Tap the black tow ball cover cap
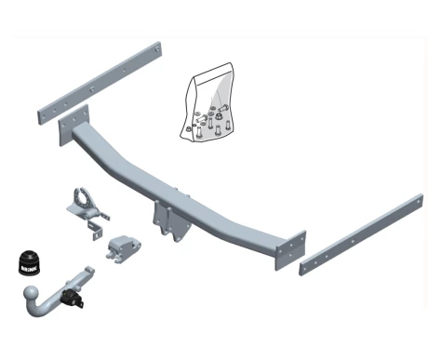pos(30,262)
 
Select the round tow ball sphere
pos(31,293)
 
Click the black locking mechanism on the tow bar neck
pos(74,298)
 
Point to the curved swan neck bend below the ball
pos(40,310)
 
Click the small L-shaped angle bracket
pos(96,230)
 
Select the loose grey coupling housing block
pos(123,248)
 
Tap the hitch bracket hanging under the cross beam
pos(170,220)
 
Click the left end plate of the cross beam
pos(74,125)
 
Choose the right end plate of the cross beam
pos(290,250)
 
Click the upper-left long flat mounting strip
pos(100,83)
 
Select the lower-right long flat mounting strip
pos(361,234)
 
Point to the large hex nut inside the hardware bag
pos(219,116)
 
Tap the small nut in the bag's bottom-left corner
pos(188,129)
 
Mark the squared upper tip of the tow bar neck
pos(89,270)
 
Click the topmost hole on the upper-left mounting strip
pos(157,49)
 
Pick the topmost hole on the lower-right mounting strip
pos(419,202)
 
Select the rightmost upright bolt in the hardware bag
pos(228,126)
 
